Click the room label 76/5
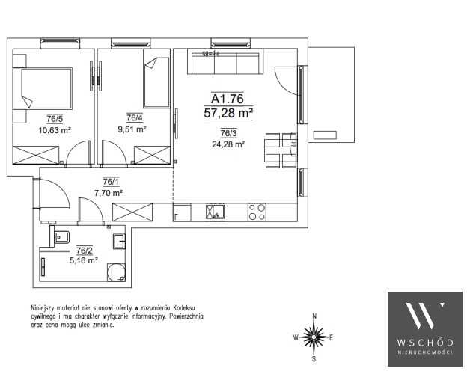click(55, 119)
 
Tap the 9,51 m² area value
click(132, 129)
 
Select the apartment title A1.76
click(228, 99)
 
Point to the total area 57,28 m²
click(228, 113)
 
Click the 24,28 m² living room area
click(228, 144)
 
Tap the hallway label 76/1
click(111, 182)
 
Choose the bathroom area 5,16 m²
click(84, 260)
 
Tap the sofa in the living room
click(225, 61)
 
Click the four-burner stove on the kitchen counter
click(257, 212)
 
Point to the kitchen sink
click(216, 212)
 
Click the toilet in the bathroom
click(60, 237)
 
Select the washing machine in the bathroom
click(116, 272)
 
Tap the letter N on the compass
click(314, 316)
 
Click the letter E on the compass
click(332, 338)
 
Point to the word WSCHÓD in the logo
click(425, 343)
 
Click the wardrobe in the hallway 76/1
click(132, 212)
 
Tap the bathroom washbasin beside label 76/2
click(119, 242)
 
